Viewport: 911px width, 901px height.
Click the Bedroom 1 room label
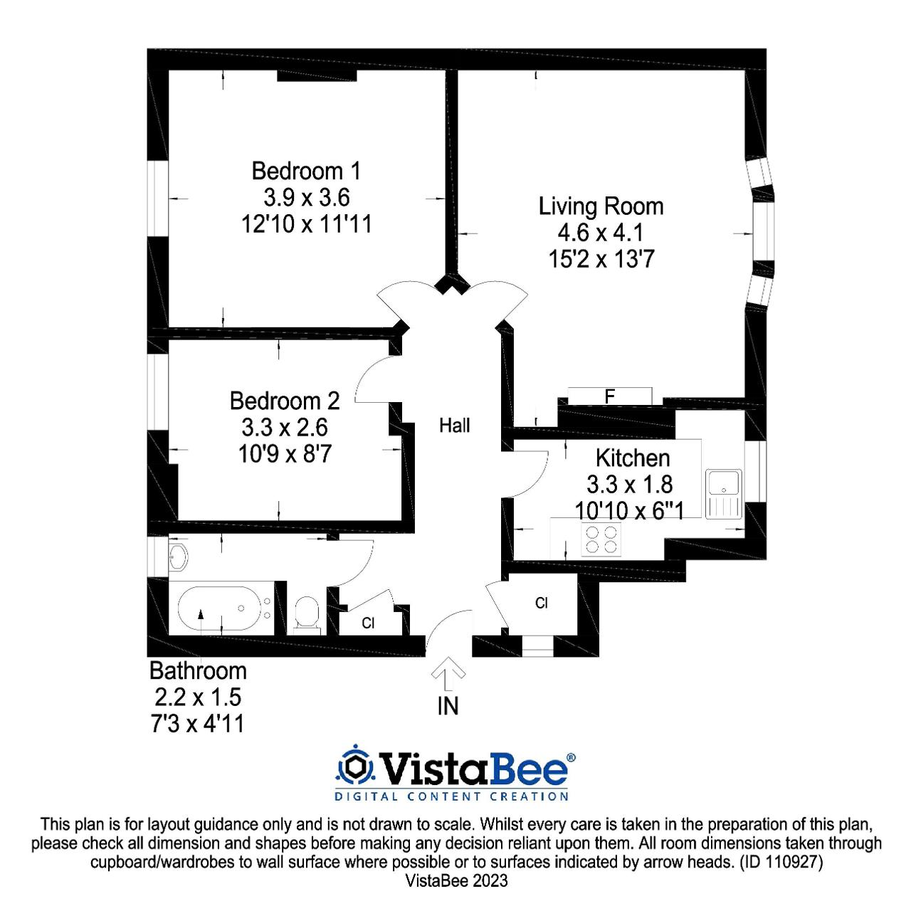(306, 171)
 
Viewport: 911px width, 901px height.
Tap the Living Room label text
(601, 206)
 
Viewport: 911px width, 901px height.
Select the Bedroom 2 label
(285, 401)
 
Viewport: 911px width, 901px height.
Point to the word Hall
(454, 425)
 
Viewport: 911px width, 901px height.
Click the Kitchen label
(633, 458)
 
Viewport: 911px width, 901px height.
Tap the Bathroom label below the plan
(198, 670)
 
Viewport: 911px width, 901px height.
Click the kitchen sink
(723, 493)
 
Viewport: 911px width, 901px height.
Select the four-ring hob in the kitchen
(601, 539)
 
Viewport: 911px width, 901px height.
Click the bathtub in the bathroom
(219, 608)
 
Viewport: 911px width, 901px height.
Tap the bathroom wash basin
(178, 557)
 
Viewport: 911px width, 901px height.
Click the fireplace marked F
(609, 396)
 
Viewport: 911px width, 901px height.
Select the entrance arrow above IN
(448, 673)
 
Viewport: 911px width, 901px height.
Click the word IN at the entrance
(448, 706)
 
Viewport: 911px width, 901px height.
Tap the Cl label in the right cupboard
(542, 603)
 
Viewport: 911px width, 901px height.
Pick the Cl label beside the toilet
(368, 623)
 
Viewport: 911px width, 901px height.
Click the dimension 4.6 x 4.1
(601, 233)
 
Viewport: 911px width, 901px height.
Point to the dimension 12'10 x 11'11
(306, 223)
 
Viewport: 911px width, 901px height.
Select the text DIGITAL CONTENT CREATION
(451, 796)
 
